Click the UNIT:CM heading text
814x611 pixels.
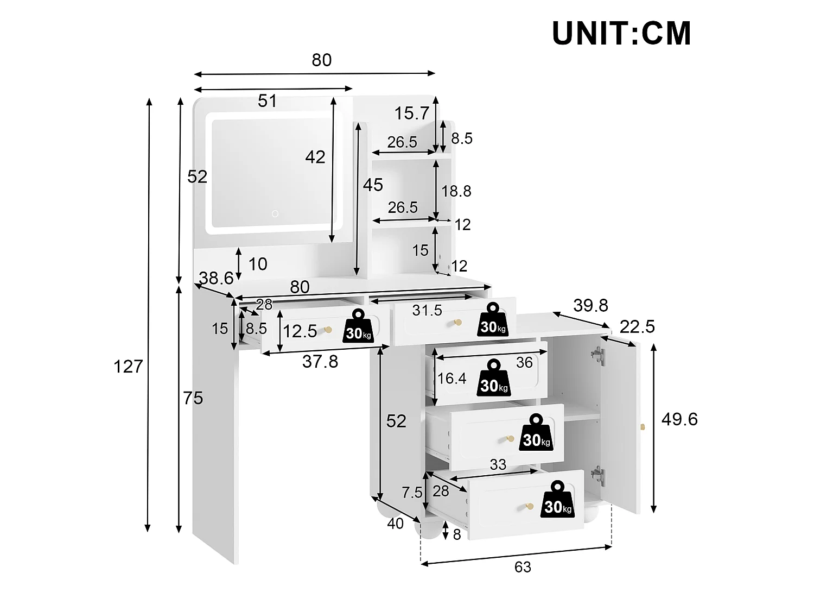[621, 33]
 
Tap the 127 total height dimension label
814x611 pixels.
[128, 367]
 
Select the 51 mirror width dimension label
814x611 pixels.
[268, 101]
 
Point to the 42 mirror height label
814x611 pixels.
[315, 157]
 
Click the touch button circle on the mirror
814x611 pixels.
[275, 213]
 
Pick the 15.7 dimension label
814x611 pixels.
[412, 113]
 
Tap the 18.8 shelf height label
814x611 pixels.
[456, 191]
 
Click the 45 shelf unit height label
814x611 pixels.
[373, 185]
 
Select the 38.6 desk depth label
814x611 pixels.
[216, 278]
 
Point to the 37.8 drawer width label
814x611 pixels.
[320, 361]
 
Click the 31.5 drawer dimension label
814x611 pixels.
[427, 311]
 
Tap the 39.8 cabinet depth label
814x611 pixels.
[591, 305]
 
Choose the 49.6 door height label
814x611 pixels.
[679, 419]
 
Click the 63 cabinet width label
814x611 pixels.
[523, 567]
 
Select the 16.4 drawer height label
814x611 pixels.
[451, 379]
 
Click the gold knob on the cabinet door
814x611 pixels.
[643, 427]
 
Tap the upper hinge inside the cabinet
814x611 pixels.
[597, 356]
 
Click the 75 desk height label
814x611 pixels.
[193, 398]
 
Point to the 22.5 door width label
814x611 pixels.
[637, 327]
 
